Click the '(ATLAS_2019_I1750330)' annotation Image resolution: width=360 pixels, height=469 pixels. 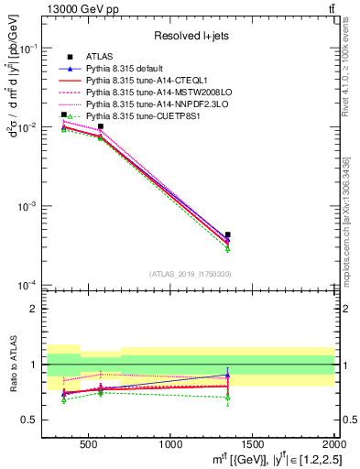[190, 274]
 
